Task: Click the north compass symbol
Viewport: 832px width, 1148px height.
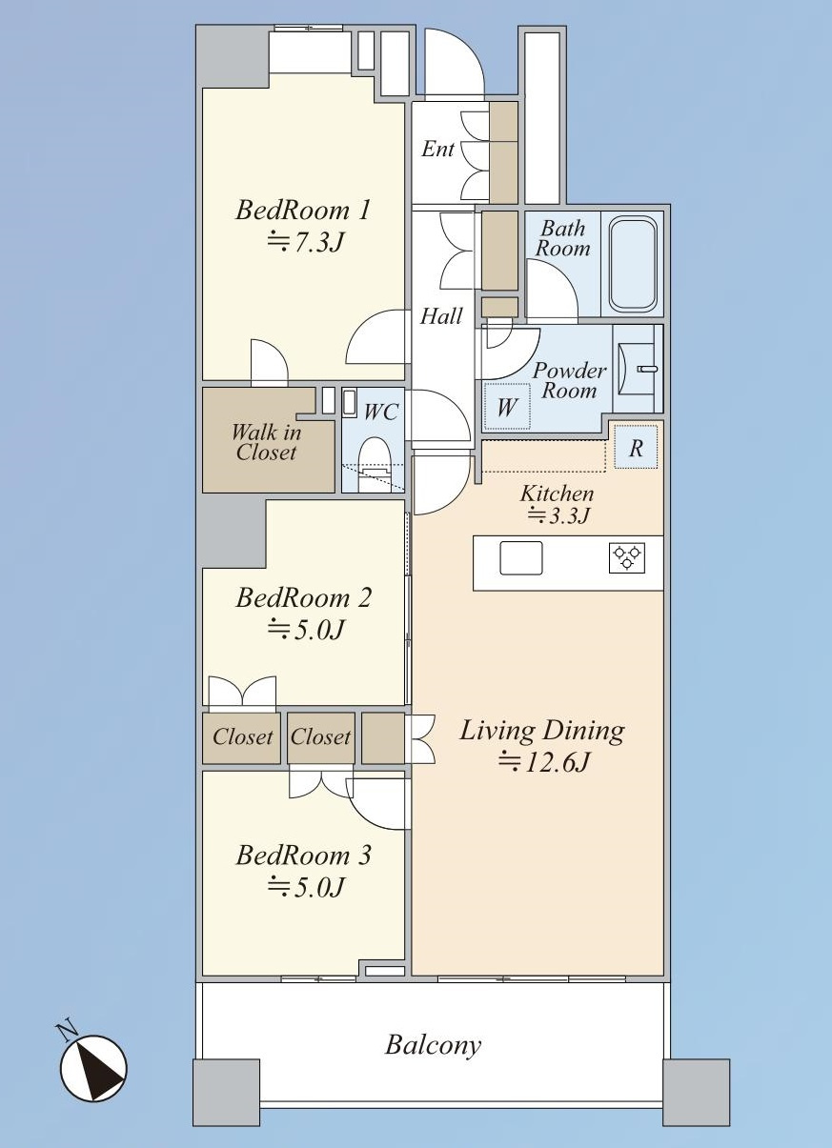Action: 93,1067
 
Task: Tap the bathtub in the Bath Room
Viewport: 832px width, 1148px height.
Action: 633,264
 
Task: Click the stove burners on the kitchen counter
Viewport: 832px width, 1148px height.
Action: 627,557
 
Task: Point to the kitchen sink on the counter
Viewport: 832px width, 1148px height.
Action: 520,557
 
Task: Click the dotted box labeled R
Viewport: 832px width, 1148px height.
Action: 636,448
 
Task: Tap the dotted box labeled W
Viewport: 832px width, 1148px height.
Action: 507,408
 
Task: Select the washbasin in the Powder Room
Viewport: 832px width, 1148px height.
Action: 634,368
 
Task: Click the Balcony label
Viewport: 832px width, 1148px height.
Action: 433,1045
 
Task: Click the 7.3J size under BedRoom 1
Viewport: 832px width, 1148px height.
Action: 304,242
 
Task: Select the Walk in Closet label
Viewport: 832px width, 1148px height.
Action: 266,442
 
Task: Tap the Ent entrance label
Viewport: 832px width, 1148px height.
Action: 438,150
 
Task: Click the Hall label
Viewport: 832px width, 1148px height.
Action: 441,316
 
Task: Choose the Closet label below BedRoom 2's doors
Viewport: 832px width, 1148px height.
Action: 242,737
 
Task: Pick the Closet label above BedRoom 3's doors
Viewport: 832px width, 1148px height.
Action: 320,737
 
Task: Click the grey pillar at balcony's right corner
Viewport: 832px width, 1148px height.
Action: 696,1092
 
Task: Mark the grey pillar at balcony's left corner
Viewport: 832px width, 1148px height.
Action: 226,1092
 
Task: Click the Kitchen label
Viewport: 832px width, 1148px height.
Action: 557,493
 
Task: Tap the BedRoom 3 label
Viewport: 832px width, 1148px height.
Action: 304,856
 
